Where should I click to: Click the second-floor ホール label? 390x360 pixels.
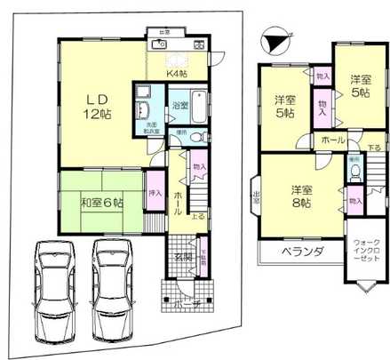(332, 140)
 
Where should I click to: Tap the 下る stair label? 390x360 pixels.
(375, 148)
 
